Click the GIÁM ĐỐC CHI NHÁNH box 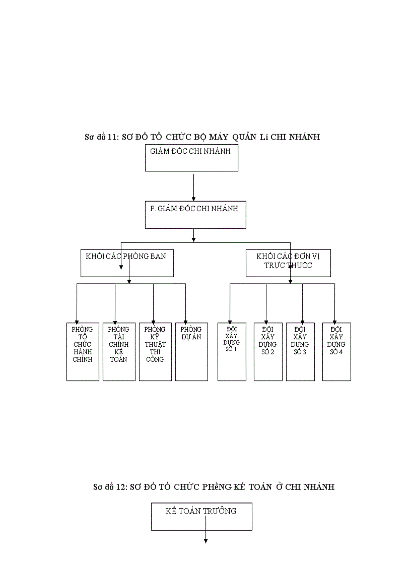(x=191, y=158)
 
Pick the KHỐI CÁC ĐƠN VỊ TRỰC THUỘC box (x=288, y=263)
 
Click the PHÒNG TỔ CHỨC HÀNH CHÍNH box (x=83, y=351)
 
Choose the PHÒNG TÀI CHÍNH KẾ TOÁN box (x=119, y=351)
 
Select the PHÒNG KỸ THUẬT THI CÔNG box (x=155, y=351)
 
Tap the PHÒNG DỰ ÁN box (x=191, y=351)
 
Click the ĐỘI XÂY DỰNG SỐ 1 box (x=232, y=351)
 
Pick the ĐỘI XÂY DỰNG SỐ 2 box (x=268, y=351)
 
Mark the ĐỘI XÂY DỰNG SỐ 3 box (x=300, y=351)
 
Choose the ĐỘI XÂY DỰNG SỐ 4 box (x=336, y=351)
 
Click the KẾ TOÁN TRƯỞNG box (x=201, y=517)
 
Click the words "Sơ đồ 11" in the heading (x=101, y=137)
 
